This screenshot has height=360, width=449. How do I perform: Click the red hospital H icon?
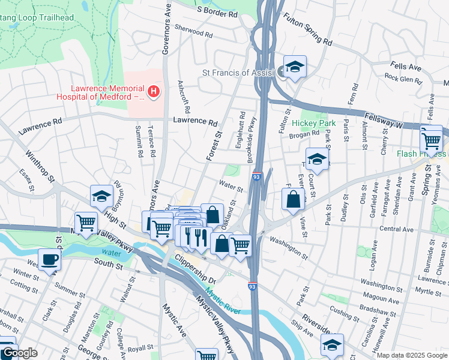click(x=154, y=92)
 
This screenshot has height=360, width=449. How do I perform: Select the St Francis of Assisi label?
click(x=238, y=73)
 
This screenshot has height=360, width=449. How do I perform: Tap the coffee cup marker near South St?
click(x=50, y=260)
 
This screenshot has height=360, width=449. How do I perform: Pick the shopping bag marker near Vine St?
click(x=292, y=199)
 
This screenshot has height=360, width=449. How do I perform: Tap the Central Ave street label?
click(x=396, y=229)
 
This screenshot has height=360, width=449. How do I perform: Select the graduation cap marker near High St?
click(x=102, y=196)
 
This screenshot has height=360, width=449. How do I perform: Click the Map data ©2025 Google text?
click(x=411, y=355)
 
